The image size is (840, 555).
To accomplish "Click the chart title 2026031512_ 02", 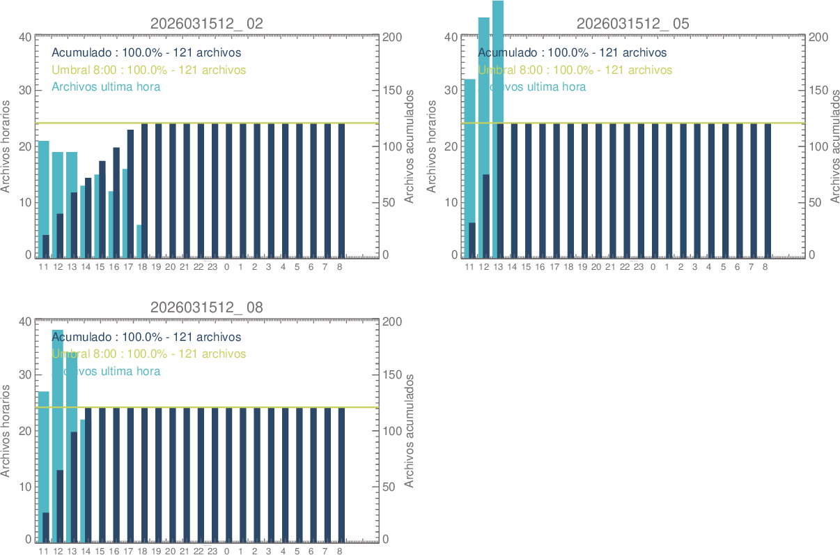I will tap(207, 23).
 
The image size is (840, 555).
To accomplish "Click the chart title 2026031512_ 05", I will tap(632, 23).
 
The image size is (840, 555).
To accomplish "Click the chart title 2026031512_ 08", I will tap(207, 307).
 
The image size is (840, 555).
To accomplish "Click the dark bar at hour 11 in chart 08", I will tap(46, 526).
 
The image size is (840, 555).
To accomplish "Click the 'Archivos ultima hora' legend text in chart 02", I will tap(107, 86).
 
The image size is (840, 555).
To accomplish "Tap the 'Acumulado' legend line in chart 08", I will tap(146, 337).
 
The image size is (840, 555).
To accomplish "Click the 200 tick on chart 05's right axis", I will tap(817, 37).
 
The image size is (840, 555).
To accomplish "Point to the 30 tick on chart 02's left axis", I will tap(24, 91).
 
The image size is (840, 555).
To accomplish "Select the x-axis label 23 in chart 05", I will tap(638, 267).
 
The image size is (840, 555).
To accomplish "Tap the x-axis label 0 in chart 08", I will tap(227, 552).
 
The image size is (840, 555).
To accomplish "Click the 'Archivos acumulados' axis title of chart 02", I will tap(409, 146).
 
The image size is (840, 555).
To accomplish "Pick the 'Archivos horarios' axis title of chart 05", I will tap(432, 146).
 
